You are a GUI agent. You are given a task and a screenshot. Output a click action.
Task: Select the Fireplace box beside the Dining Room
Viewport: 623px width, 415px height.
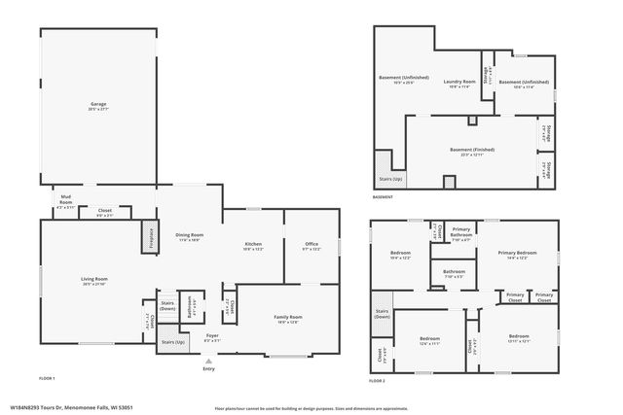151,238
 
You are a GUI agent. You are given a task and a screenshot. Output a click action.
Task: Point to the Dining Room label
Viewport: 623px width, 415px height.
190,236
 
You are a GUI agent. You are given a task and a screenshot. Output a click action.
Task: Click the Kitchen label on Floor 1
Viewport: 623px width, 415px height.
252,245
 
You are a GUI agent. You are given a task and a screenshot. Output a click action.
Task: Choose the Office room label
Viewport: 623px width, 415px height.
311,245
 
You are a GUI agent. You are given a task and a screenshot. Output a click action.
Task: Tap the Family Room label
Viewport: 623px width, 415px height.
288,318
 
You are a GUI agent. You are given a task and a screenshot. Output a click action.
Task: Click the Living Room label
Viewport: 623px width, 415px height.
94,281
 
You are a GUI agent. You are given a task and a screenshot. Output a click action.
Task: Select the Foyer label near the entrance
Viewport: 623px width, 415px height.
211,336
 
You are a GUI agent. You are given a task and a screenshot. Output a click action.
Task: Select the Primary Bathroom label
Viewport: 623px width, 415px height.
461,233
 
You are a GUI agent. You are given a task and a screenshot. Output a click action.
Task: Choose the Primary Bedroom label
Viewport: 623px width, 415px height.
517,255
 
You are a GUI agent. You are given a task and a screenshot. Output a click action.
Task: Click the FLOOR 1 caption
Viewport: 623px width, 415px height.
47,377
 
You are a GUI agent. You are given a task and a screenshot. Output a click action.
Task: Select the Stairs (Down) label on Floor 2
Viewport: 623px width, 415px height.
383,314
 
